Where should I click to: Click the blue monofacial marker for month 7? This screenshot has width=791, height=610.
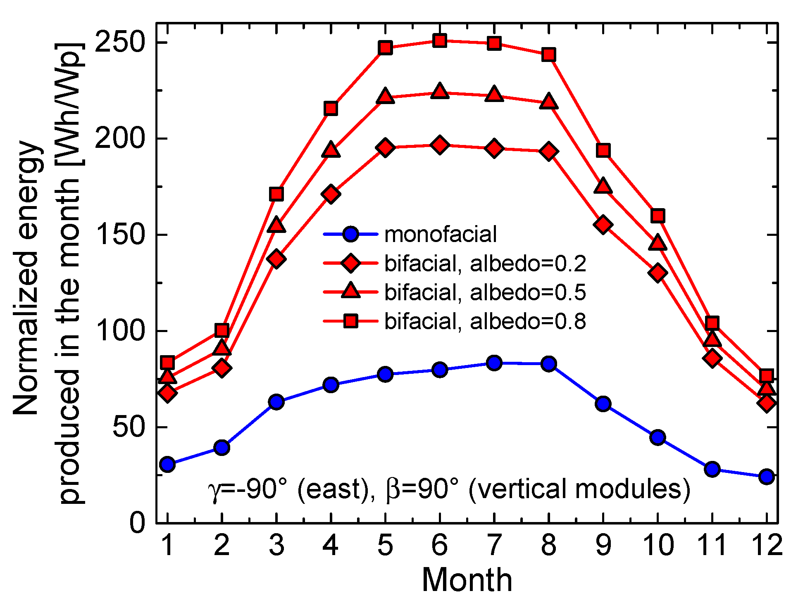coord(494,363)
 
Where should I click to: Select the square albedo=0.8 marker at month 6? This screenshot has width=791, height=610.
coord(439,40)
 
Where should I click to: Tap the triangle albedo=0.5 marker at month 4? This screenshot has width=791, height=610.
coord(331,150)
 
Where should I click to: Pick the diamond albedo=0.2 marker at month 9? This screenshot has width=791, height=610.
coord(603,225)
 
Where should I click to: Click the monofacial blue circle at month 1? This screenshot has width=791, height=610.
coord(167,464)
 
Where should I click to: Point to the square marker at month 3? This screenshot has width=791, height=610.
coord(276,194)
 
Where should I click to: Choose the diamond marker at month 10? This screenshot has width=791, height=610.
coord(658,273)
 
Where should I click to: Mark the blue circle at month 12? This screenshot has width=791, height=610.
coord(766,477)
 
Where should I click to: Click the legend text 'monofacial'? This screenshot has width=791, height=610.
coord(440,235)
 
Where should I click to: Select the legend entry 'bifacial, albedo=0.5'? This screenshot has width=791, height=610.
coord(485,292)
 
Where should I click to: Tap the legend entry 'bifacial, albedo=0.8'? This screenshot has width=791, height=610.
coord(485,321)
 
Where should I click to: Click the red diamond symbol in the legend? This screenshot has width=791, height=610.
coord(350,263)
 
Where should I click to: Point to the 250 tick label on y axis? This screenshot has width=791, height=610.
coord(119,43)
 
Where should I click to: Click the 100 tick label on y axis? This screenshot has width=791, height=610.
coord(119,331)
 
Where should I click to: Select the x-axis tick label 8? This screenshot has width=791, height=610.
coord(548,545)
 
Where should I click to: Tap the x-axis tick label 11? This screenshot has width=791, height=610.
coord(712,545)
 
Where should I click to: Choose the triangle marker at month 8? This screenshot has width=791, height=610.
coord(548,102)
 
